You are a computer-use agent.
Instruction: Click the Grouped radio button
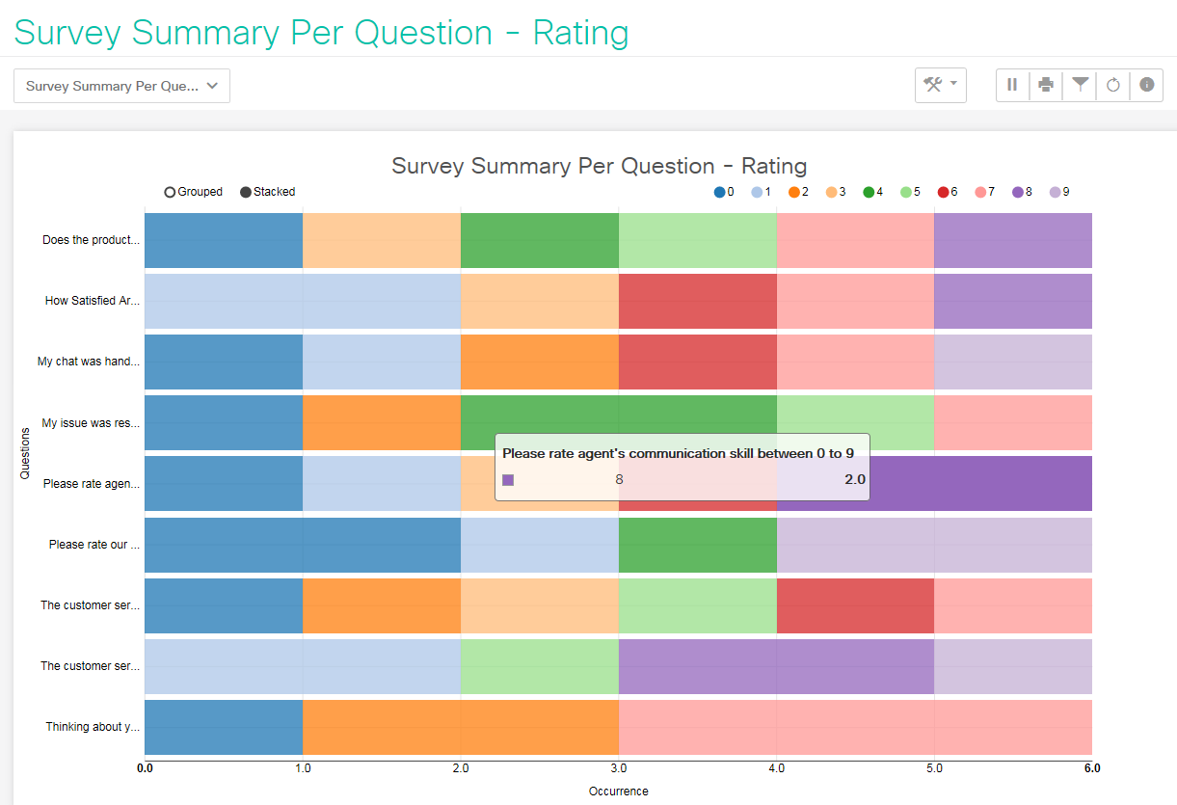[x=171, y=192]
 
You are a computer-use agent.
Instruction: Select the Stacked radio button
[x=246, y=192]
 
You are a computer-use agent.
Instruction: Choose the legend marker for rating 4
[x=869, y=192]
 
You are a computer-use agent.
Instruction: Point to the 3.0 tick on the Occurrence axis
[x=619, y=768]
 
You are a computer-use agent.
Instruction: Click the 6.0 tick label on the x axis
[x=1091, y=768]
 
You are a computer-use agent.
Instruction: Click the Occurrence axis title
[x=618, y=792]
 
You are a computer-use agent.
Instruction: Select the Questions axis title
[x=25, y=453]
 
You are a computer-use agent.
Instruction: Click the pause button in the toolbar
[x=1012, y=85]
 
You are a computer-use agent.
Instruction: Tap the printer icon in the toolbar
[x=1046, y=85]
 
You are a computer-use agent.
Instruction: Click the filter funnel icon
[x=1080, y=85]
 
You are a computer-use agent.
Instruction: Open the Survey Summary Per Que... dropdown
[x=121, y=86]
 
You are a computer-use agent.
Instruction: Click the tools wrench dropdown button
[x=940, y=85]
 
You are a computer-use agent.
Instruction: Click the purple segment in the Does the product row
[x=1012, y=240]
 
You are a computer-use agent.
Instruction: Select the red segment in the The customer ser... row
[x=855, y=605]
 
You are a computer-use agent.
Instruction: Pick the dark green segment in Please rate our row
[x=697, y=545]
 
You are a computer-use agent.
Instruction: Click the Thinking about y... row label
[x=93, y=727]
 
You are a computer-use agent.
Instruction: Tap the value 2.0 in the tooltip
[x=854, y=479]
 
